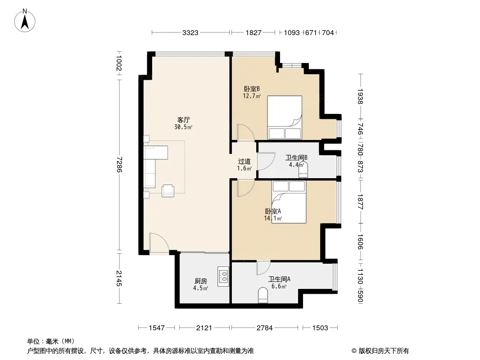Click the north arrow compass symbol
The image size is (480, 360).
click(x=25, y=21)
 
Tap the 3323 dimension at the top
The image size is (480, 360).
click(x=190, y=32)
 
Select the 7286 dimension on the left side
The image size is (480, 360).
click(x=119, y=165)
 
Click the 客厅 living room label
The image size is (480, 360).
click(x=183, y=120)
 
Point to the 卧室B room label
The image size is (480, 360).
click(x=252, y=89)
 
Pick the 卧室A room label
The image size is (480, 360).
click(x=273, y=211)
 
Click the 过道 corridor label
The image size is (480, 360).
click(x=245, y=161)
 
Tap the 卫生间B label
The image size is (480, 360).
click(x=296, y=157)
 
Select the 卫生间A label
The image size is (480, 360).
click(x=279, y=279)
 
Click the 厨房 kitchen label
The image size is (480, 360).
click(x=200, y=281)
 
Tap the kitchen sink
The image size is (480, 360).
click(x=223, y=276)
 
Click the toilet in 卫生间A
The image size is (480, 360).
click(x=263, y=295)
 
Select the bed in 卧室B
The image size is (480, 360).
click(x=285, y=117)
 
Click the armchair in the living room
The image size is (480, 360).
click(x=168, y=190)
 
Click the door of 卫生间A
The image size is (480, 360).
click(x=263, y=268)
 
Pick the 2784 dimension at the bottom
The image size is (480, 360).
click(x=264, y=328)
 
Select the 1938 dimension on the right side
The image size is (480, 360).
click(x=360, y=96)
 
